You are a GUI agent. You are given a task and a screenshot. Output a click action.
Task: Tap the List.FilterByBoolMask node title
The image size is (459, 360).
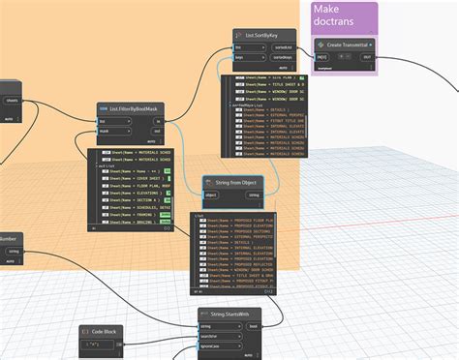click(x=133, y=108)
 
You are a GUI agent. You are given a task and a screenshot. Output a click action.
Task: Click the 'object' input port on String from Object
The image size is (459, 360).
click(x=212, y=195)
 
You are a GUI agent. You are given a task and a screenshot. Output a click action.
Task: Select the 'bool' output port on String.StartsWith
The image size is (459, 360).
click(x=253, y=326)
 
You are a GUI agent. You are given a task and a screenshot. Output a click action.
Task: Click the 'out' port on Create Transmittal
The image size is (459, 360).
click(x=367, y=57)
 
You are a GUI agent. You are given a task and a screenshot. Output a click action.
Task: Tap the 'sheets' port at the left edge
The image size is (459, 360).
click(x=12, y=100)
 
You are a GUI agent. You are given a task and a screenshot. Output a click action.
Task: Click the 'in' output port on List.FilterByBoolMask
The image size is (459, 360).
click(x=157, y=120)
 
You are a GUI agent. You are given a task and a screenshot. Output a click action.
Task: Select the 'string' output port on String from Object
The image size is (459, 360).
click(x=254, y=195)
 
